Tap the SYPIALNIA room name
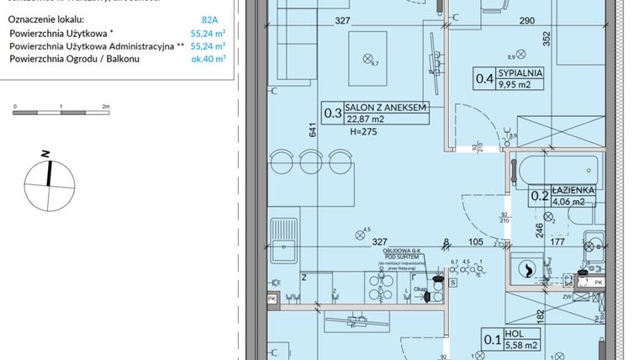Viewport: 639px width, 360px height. tap(521, 73)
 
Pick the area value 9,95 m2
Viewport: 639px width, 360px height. tap(521, 85)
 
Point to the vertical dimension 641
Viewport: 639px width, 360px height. tap(312, 130)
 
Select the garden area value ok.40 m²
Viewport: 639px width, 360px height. tap(210, 60)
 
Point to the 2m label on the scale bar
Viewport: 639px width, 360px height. tap(106, 107)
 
